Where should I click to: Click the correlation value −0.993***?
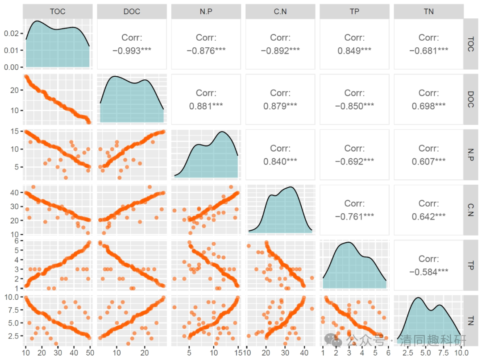132,50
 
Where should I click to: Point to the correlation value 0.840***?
280,161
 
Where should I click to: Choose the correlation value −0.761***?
354,216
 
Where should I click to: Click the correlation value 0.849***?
354,50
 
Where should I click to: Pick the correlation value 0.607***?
428,161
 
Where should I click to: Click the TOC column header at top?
58,12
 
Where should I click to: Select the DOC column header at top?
132,12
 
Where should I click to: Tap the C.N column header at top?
280,12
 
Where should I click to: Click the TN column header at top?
428,12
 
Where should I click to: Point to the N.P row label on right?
470,154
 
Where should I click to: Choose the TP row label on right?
470,265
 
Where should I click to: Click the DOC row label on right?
470,99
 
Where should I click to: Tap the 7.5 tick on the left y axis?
12,310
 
